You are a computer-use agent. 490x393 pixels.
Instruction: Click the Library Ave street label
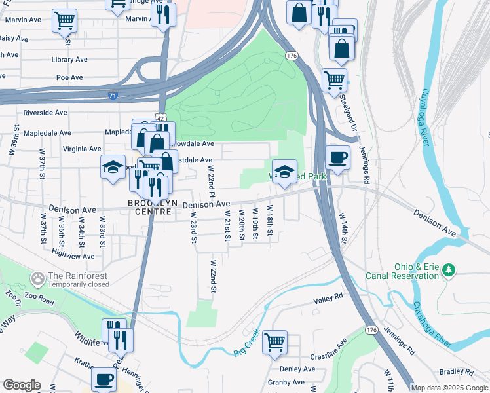[69, 60]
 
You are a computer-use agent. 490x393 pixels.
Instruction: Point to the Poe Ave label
[69, 77]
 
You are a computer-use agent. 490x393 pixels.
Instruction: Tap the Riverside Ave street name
[45, 113]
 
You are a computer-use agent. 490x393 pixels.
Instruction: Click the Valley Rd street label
[328, 299]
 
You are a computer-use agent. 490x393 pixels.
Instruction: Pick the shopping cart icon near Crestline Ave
[274, 341]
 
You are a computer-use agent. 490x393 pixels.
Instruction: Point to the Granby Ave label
[286, 383]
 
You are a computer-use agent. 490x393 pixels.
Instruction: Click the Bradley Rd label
[452, 371]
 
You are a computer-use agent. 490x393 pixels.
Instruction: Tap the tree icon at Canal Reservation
[449, 269]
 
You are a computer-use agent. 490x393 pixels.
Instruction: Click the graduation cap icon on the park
[284, 172]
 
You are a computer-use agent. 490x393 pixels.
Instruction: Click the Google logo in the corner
[22, 385]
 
